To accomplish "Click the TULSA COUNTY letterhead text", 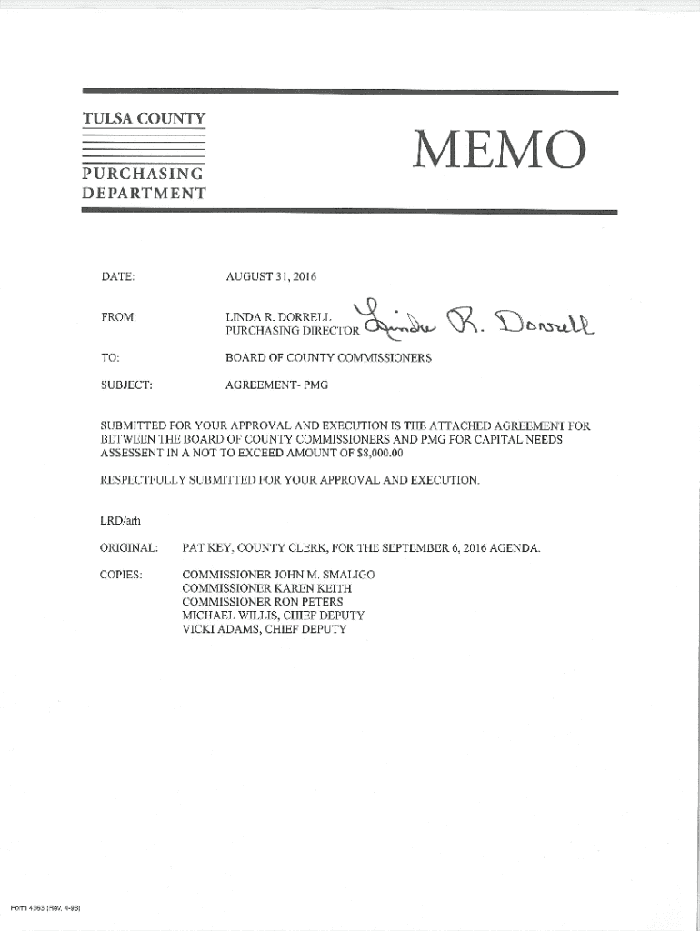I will (x=145, y=118).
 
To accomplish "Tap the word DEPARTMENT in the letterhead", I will (x=145, y=193).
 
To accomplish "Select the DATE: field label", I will (x=118, y=275).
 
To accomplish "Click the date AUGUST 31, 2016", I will (x=270, y=275).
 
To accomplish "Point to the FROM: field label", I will (x=119, y=317).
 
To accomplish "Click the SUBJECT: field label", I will (x=126, y=385).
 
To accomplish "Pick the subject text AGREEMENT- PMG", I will (x=276, y=385).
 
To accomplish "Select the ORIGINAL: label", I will (x=130, y=548).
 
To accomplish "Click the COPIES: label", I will (x=123, y=576).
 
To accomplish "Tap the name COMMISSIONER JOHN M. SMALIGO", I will (x=278, y=576).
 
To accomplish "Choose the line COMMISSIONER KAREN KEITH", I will (x=267, y=588).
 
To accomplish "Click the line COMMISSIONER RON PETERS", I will (x=263, y=602).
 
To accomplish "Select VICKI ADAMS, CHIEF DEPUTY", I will (x=264, y=628).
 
